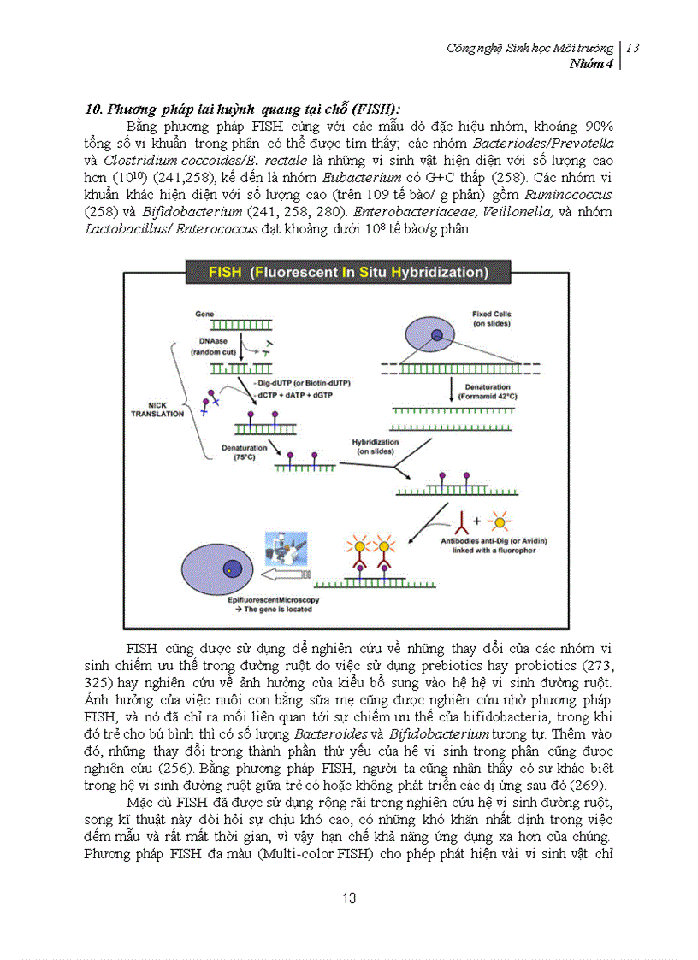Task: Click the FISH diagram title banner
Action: tap(348, 273)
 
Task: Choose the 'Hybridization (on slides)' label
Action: tap(376, 446)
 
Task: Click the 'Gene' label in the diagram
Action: tap(205, 315)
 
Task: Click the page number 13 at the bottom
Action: tap(348, 898)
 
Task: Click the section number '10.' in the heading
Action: tap(94, 109)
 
